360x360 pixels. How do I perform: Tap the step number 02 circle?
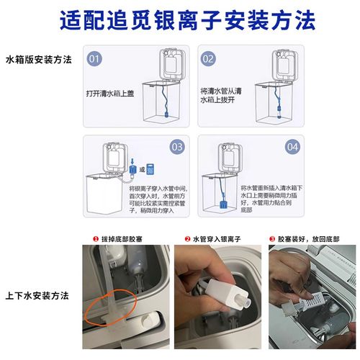pyautogui.click(x=208, y=58)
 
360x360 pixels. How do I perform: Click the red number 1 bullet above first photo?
pyautogui.click(x=95, y=238)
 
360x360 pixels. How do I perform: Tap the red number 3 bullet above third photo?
pyautogui.click(x=272, y=238)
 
